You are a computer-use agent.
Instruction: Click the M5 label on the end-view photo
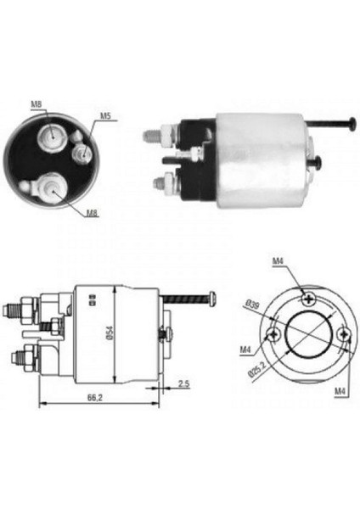click(x=104, y=116)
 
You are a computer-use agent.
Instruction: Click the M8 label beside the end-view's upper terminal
click(x=37, y=105)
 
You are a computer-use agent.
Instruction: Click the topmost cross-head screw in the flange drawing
click(x=307, y=296)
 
